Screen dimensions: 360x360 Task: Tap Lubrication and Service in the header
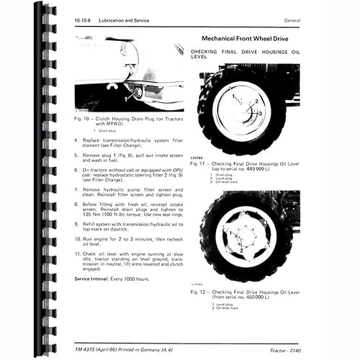pos(125,20)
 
